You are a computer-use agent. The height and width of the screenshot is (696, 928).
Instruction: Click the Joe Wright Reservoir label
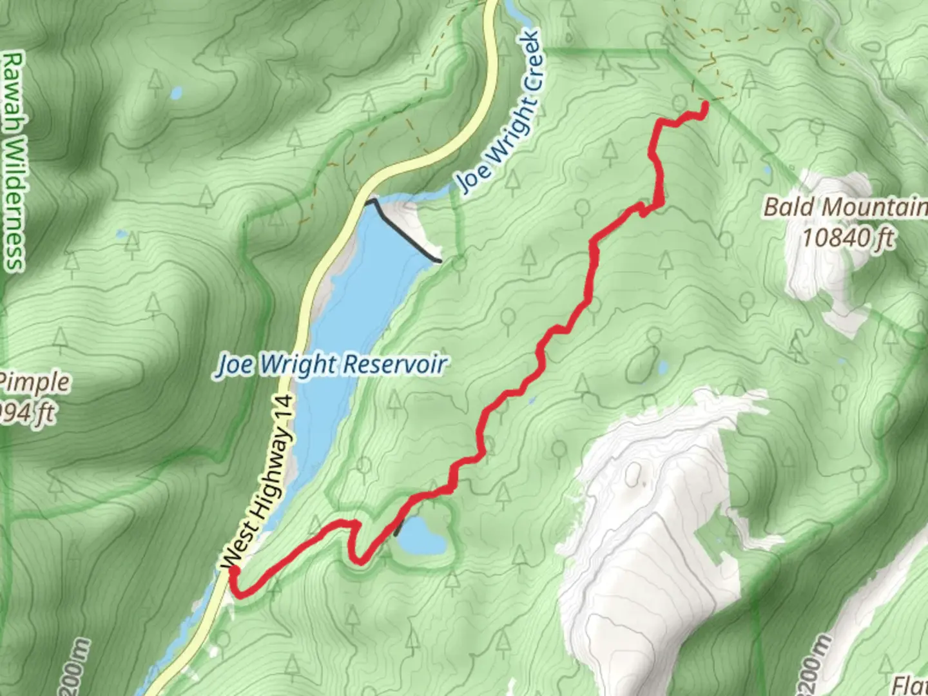(x=331, y=365)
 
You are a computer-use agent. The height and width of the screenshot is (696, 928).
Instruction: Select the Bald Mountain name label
(x=844, y=208)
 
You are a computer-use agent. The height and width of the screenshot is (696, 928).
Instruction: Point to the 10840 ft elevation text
(x=847, y=238)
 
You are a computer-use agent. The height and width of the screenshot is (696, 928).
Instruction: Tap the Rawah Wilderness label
(x=13, y=161)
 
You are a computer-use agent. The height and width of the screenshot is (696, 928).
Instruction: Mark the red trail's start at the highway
(x=233, y=571)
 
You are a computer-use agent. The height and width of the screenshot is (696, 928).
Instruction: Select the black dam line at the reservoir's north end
(x=402, y=229)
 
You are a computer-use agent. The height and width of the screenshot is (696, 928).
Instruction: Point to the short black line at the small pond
(x=400, y=527)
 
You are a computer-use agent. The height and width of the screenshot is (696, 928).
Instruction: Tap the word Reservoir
(x=394, y=365)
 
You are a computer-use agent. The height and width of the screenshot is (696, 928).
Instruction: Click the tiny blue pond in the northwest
(x=175, y=94)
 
